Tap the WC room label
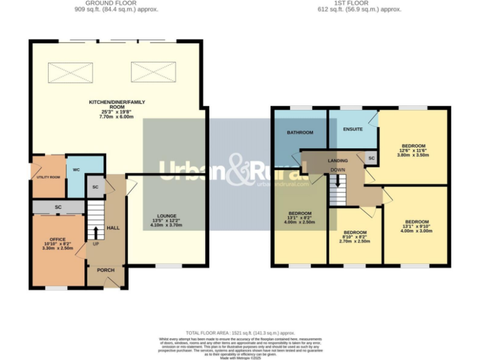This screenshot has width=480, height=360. tap(76, 169)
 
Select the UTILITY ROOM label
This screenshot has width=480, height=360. tap(48, 177)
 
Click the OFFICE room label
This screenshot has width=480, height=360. tap(58, 238)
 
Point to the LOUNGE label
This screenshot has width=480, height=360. tap(166, 216)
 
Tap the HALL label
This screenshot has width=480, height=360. tap(113, 228)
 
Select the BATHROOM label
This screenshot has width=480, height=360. tap(300, 132)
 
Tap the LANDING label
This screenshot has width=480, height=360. tap(337, 161)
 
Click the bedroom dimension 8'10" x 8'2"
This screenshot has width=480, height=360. tap(355, 236)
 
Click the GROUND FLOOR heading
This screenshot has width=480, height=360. tap(112, 4)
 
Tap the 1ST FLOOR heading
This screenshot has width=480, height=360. tap(359, 4)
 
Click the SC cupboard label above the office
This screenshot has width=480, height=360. tap(57, 207)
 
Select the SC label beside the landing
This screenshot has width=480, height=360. tap(371, 159)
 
